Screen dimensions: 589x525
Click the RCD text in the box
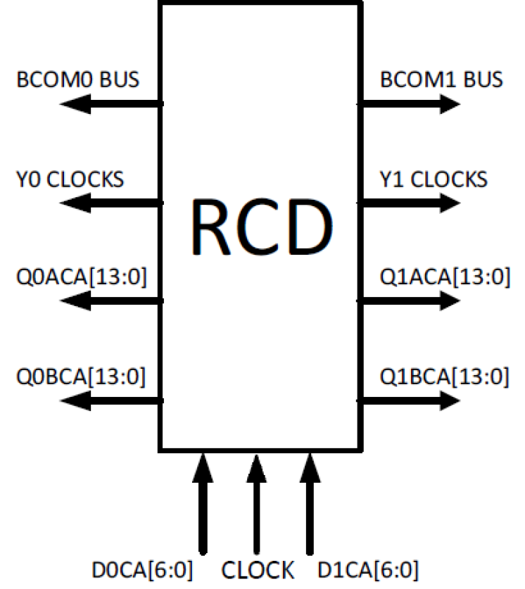click(x=261, y=225)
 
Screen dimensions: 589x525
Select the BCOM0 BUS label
click(x=78, y=79)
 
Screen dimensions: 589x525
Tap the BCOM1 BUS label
click(x=441, y=79)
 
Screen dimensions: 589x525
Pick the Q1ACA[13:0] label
click(x=443, y=278)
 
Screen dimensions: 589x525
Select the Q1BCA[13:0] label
click(x=443, y=377)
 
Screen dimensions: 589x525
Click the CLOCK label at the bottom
click(x=258, y=568)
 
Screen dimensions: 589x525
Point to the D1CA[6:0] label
click(x=368, y=568)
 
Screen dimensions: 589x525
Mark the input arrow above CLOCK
click(x=255, y=502)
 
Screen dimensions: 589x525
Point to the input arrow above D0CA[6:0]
click(x=203, y=502)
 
